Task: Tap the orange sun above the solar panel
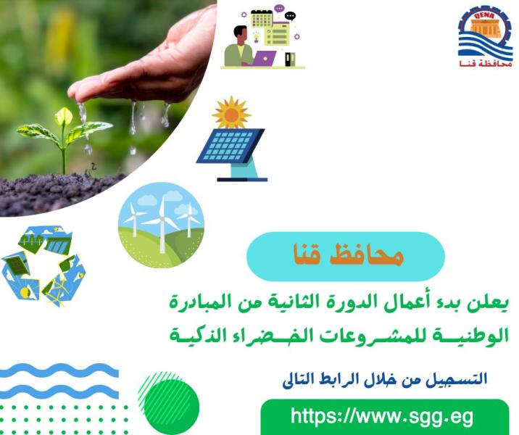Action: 231,113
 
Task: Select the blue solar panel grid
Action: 230,146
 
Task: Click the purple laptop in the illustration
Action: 264,58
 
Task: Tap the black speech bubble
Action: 290,16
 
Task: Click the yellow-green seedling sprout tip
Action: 64,117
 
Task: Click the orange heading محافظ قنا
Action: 348,255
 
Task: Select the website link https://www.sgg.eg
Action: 382,416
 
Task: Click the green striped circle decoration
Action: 169,402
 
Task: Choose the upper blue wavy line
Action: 59,370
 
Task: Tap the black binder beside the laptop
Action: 290,59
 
